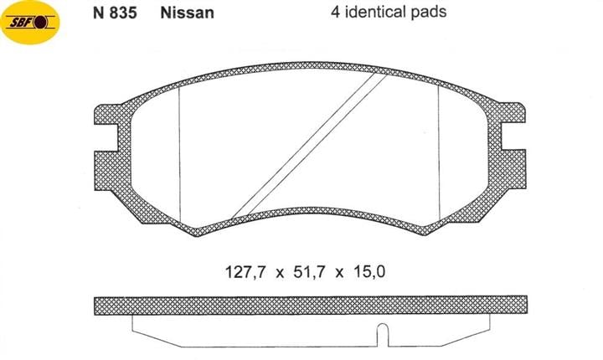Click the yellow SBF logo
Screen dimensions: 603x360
click(30, 23)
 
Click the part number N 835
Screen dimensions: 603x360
click(115, 13)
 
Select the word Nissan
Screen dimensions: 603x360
click(187, 13)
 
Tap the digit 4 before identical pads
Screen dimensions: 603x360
click(335, 12)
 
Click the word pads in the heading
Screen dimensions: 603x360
click(427, 12)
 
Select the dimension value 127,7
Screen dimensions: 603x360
click(245, 272)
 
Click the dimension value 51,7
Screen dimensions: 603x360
click(309, 272)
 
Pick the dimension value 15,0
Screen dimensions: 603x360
click(369, 272)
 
